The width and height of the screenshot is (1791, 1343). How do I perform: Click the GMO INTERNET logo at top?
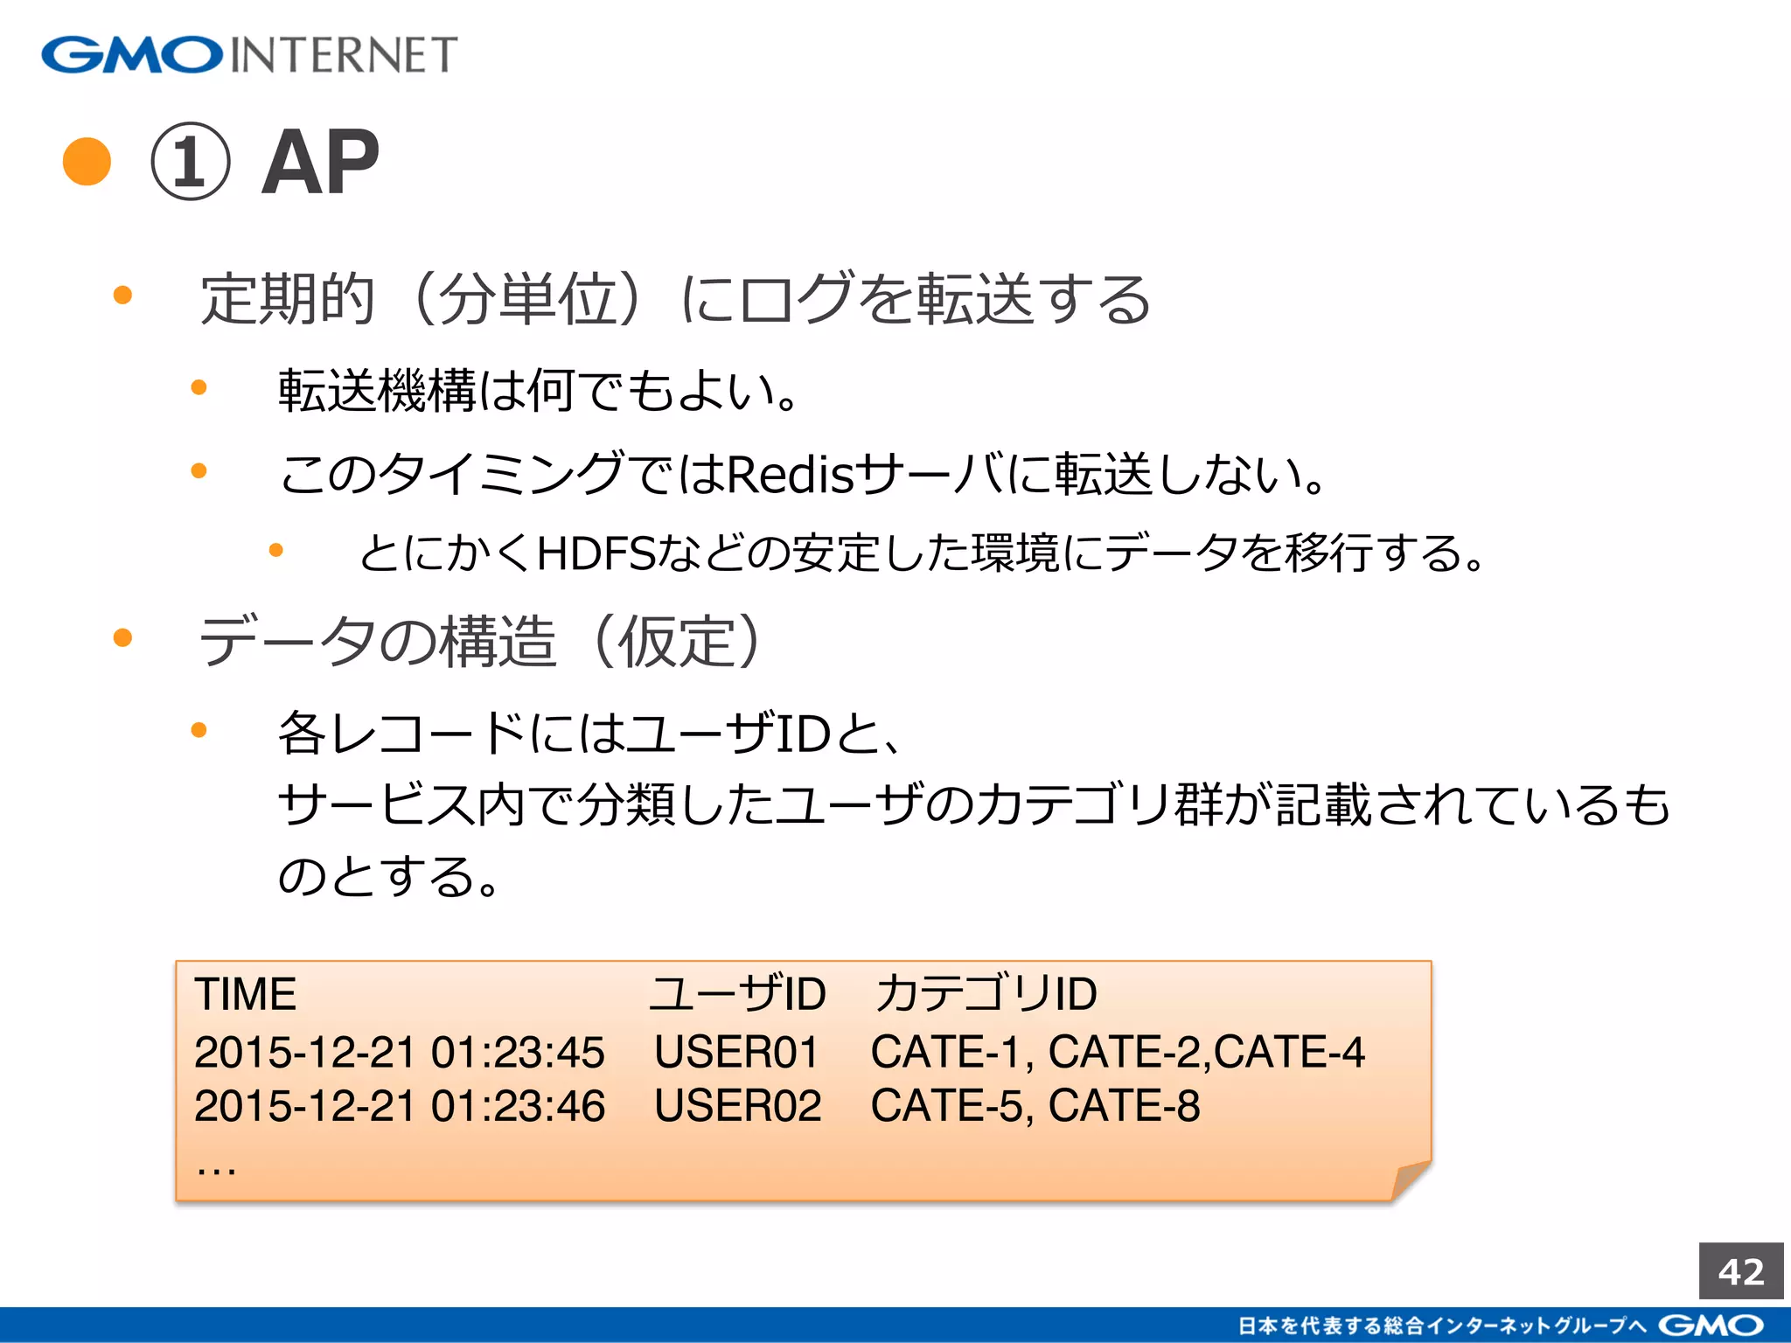[x=249, y=54]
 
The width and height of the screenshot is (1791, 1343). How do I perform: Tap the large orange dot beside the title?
[x=87, y=162]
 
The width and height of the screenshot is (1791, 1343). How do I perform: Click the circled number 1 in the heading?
[x=191, y=162]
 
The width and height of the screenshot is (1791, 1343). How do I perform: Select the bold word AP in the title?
[x=320, y=163]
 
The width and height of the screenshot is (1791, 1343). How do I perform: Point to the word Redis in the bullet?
[x=789, y=475]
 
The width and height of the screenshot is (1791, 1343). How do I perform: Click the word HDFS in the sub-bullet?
[x=596, y=553]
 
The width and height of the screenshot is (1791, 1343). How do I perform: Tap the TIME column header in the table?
[x=246, y=994]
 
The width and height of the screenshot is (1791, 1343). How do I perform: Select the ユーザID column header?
[x=737, y=994]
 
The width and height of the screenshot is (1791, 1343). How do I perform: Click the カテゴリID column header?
[x=986, y=994]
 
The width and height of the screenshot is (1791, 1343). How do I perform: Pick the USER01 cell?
[x=736, y=1052]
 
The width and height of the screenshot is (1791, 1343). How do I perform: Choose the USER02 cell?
[x=738, y=1106]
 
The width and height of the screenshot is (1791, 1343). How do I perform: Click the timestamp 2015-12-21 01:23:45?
[x=399, y=1052]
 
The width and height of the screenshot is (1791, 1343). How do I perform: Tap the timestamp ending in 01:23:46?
[x=399, y=1106]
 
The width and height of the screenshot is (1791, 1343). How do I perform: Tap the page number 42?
[x=1741, y=1271]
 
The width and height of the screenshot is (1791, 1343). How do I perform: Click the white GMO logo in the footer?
[x=1711, y=1326]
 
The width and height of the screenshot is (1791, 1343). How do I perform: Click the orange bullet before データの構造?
[x=122, y=637]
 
